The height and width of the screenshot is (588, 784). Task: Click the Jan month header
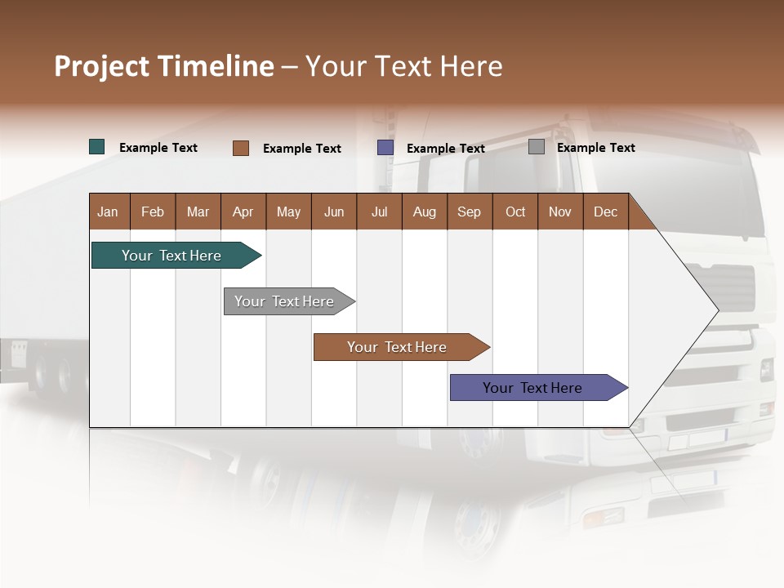pyautogui.click(x=109, y=212)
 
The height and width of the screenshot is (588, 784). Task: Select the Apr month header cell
pyautogui.click(x=243, y=212)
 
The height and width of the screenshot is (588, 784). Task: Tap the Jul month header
pyautogui.click(x=379, y=212)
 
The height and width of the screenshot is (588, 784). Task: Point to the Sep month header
pyautogui.click(x=470, y=212)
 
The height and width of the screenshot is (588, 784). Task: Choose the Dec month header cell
pyautogui.click(x=605, y=212)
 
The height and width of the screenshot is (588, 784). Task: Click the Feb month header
pyautogui.click(x=153, y=212)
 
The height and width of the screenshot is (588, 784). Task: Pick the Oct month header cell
pyautogui.click(x=515, y=212)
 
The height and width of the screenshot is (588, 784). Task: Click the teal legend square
pyautogui.click(x=97, y=147)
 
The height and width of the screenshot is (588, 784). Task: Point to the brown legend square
pyautogui.click(x=241, y=148)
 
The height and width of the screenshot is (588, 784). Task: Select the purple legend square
pyautogui.click(x=385, y=148)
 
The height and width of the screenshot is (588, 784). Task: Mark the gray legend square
pyautogui.click(x=537, y=147)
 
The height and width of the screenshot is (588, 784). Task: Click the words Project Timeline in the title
pyautogui.click(x=164, y=66)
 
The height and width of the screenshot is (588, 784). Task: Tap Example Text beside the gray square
pyautogui.click(x=595, y=148)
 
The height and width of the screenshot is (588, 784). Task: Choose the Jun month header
pyautogui.click(x=334, y=212)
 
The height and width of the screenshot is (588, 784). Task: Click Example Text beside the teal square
pyautogui.click(x=158, y=148)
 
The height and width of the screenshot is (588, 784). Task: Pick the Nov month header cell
pyautogui.click(x=560, y=212)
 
